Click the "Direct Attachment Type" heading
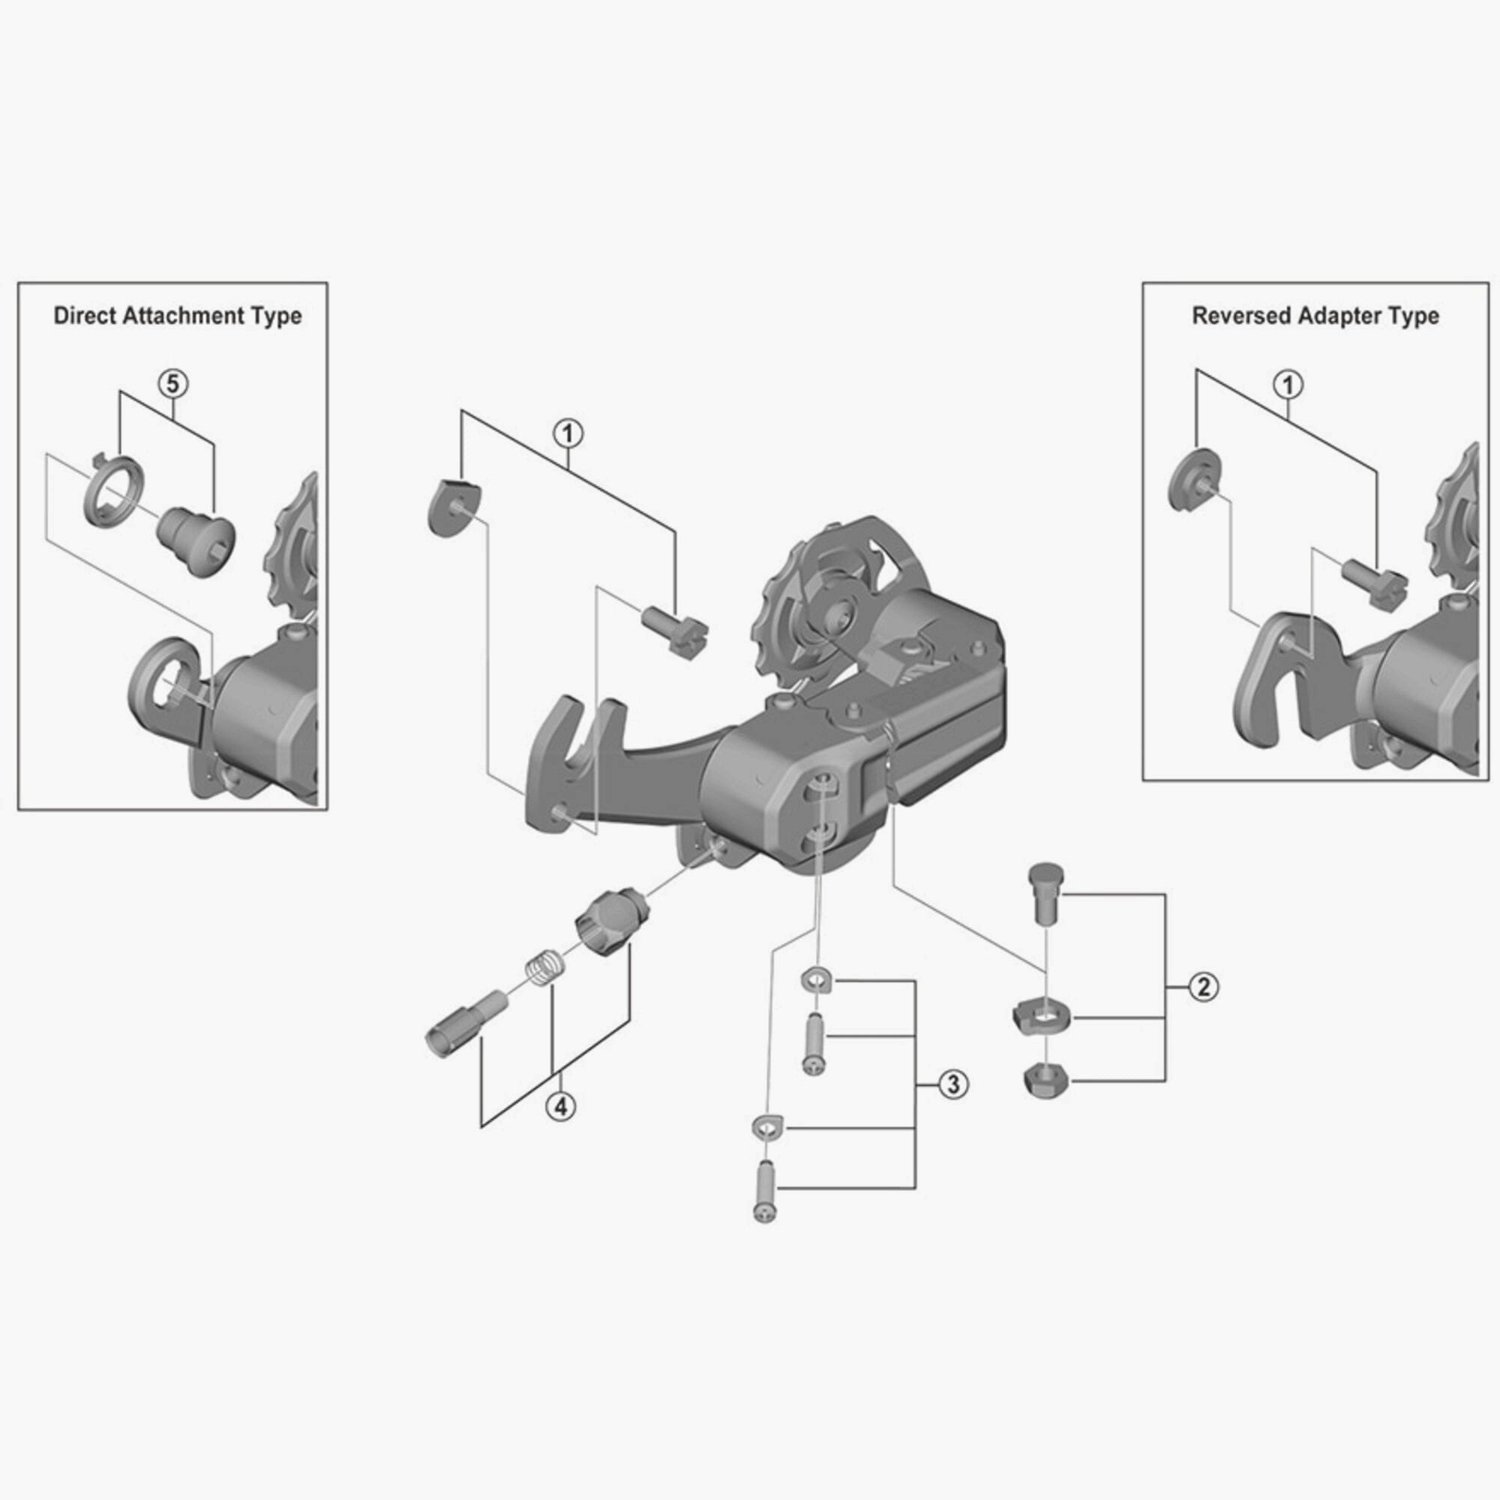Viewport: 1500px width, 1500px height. tap(178, 316)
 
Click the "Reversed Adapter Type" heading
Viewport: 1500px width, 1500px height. tap(1315, 316)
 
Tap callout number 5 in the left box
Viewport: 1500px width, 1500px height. tap(173, 383)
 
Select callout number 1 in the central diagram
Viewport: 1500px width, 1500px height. tap(568, 433)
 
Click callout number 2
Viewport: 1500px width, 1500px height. tap(1204, 987)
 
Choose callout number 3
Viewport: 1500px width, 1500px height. tap(953, 1084)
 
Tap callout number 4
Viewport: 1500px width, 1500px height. tap(560, 1105)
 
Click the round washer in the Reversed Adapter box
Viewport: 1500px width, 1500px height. tap(1193, 480)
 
